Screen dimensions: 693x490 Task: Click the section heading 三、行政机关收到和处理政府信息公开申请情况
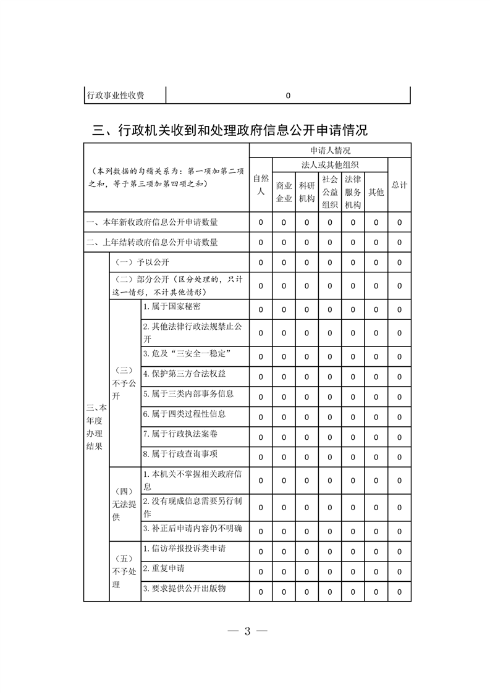229,130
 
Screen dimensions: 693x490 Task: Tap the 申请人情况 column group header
330,150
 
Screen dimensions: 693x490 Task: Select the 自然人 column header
261,185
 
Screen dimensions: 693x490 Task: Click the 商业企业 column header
284,191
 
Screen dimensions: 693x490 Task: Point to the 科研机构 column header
306,191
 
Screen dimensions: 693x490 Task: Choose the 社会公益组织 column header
330,191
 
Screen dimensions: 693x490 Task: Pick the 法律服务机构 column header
353,191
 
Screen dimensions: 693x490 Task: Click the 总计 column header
399,185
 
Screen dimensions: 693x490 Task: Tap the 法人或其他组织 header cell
330,164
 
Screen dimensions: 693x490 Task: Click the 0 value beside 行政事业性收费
288,96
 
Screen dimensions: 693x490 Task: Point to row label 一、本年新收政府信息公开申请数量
152,222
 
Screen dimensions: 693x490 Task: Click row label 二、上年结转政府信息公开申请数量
152,242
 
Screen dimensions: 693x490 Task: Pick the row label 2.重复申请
164,568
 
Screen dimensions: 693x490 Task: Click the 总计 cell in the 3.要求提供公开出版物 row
399,592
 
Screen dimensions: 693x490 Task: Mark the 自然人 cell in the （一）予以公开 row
261,262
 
